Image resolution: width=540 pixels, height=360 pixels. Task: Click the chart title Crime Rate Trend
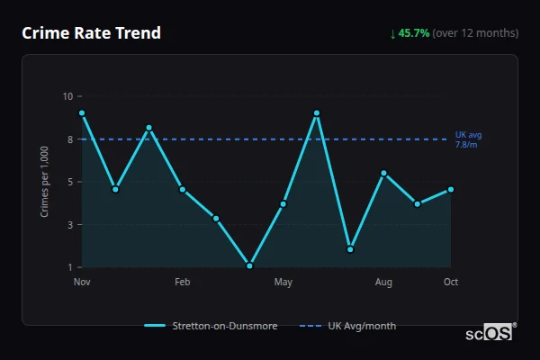pyautogui.click(x=91, y=33)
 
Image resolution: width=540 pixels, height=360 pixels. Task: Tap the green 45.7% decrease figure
pyautogui.click(x=409, y=33)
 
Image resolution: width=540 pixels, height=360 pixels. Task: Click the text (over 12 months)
pyautogui.click(x=475, y=33)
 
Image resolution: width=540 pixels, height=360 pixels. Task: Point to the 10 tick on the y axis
pyautogui.click(x=67, y=96)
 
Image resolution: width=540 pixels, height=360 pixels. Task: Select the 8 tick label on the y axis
pyautogui.click(x=70, y=139)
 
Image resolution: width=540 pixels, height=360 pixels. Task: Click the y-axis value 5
pyautogui.click(x=70, y=182)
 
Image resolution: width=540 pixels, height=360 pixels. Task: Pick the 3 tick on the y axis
pyautogui.click(x=70, y=225)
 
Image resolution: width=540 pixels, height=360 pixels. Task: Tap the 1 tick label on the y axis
pyautogui.click(x=70, y=267)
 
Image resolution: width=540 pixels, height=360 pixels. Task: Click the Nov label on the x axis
pyautogui.click(x=82, y=283)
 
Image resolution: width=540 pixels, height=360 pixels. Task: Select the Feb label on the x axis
pyautogui.click(x=183, y=283)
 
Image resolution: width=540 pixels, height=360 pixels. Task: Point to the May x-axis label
pyautogui.click(x=283, y=283)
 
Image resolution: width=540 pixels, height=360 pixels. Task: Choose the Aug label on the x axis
pyautogui.click(x=383, y=283)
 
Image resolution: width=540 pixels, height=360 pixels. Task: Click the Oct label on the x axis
pyautogui.click(x=451, y=283)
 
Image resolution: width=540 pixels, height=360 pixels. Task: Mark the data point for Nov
pyautogui.click(x=82, y=113)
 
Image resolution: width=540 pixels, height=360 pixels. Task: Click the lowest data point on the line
pyautogui.click(x=249, y=265)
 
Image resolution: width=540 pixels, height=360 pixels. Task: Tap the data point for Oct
pyautogui.click(x=451, y=189)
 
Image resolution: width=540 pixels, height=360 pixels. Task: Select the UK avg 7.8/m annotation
pyautogui.click(x=468, y=139)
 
